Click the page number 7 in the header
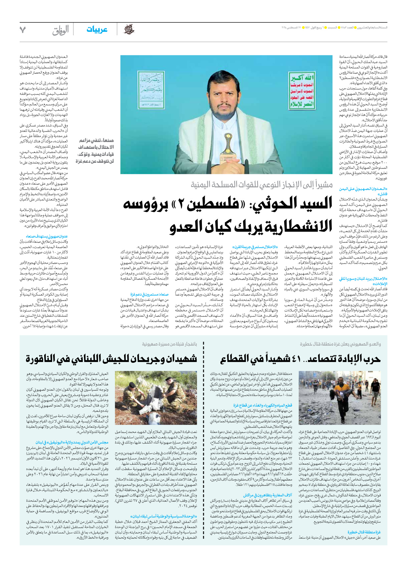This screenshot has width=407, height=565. (x=22, y=30)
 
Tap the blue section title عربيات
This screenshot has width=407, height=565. (x=97, y=30)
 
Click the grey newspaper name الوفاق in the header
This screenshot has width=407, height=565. (x=61, y=30)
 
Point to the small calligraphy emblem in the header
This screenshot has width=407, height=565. (x=129, y=30)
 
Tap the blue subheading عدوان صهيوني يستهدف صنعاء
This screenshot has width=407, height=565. (x=47, y=236)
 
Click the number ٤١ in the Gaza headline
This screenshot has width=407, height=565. (x=296, y=359)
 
